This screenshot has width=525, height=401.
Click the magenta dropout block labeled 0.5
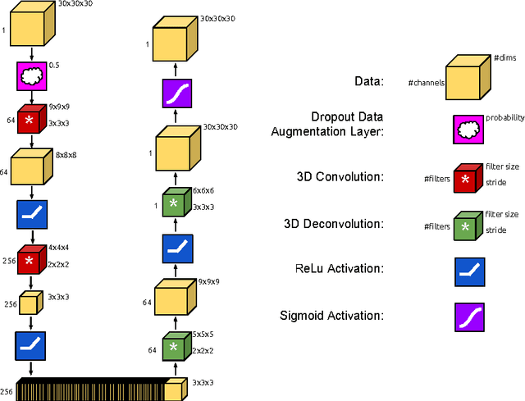31,77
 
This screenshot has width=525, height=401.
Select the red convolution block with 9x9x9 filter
31,120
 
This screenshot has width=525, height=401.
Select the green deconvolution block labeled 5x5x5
172,347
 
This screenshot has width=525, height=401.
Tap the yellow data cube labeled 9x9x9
172,297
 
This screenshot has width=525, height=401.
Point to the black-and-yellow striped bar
90,390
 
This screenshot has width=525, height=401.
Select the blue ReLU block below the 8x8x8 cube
31,216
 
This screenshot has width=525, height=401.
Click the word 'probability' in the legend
504,118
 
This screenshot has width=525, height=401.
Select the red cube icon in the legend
467,177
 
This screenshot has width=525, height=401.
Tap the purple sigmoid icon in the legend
467,316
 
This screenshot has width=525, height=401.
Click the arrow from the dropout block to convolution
31,98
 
